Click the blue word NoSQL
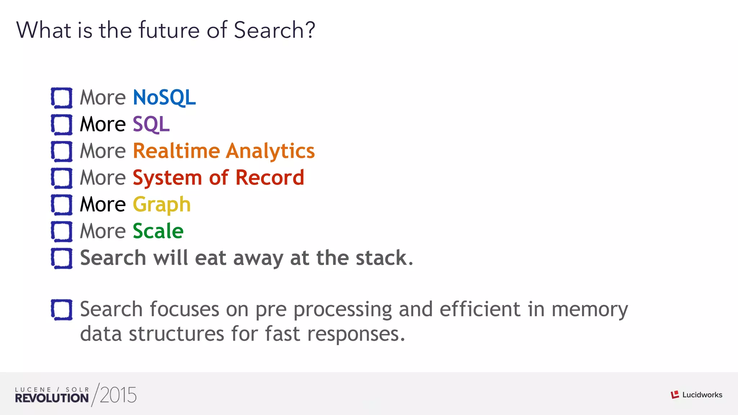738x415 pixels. [x=164, y=97]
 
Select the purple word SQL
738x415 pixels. [x=151, y=124]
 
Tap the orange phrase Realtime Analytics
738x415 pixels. [x=224, y=151]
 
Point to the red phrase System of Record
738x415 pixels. [x=218, y=178]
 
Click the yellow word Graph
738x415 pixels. [x=161, y=205]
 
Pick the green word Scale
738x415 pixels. [x=158, y=231]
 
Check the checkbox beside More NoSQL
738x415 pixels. [x=62, y=98]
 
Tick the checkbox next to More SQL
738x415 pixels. [x=62, y=125]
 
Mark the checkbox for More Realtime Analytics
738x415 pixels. [x=62, y=151]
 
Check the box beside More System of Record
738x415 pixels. [x=62, y=178]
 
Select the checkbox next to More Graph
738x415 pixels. [x=62, y=205]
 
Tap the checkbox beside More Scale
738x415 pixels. [x=62, y=231]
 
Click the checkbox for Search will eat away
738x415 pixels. [x=62, y=258]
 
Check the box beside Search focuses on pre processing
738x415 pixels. [x=62, y=310]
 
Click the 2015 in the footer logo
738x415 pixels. [x=118, y=395]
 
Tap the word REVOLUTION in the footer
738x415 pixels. [x=52, y=398]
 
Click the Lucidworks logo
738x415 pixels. [x=697, y=395]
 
